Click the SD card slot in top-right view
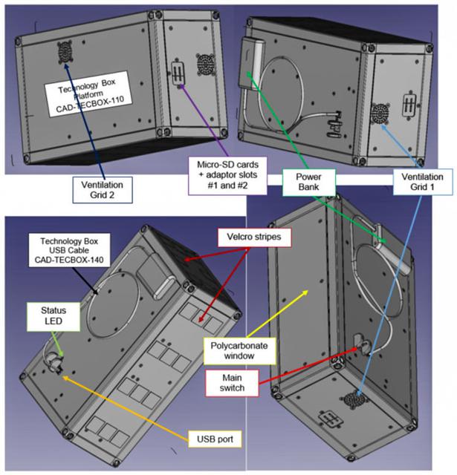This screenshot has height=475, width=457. (x=408, y=102)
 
